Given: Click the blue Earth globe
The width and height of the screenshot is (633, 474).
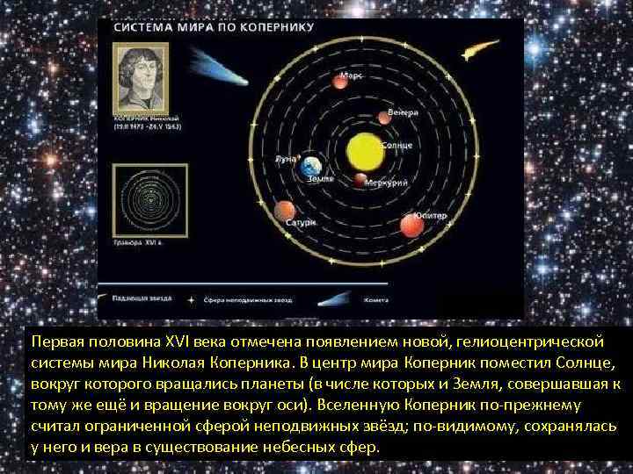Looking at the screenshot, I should coord(310,166).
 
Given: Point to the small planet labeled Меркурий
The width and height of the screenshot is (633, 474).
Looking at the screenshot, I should coord(360,180).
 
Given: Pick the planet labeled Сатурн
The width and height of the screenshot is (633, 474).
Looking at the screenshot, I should coord(284,211).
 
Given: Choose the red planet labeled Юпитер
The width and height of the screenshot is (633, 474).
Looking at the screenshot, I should coord(411,225).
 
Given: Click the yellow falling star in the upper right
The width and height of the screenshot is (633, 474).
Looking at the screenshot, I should coord(477,50).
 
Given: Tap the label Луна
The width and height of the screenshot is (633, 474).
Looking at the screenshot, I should coord(286,160).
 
